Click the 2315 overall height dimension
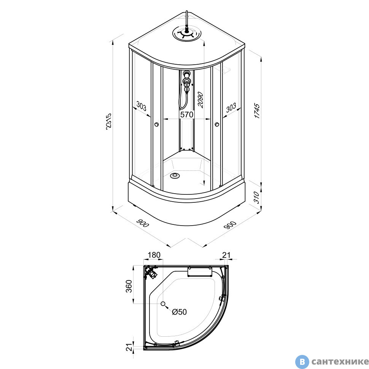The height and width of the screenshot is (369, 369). (x=109, y=121)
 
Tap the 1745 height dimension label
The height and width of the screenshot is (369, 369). (x=257, y=111)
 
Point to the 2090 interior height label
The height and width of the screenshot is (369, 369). (x=200, y=100)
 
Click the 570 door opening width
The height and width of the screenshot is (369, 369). (x=187, y=115)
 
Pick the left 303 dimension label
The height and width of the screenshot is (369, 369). (x=141, y=107)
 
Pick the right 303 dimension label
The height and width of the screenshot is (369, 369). (x=231, y=108)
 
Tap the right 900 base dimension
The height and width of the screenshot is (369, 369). (x=230, y=226)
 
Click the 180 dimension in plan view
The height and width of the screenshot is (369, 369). (x=154, y=255)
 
